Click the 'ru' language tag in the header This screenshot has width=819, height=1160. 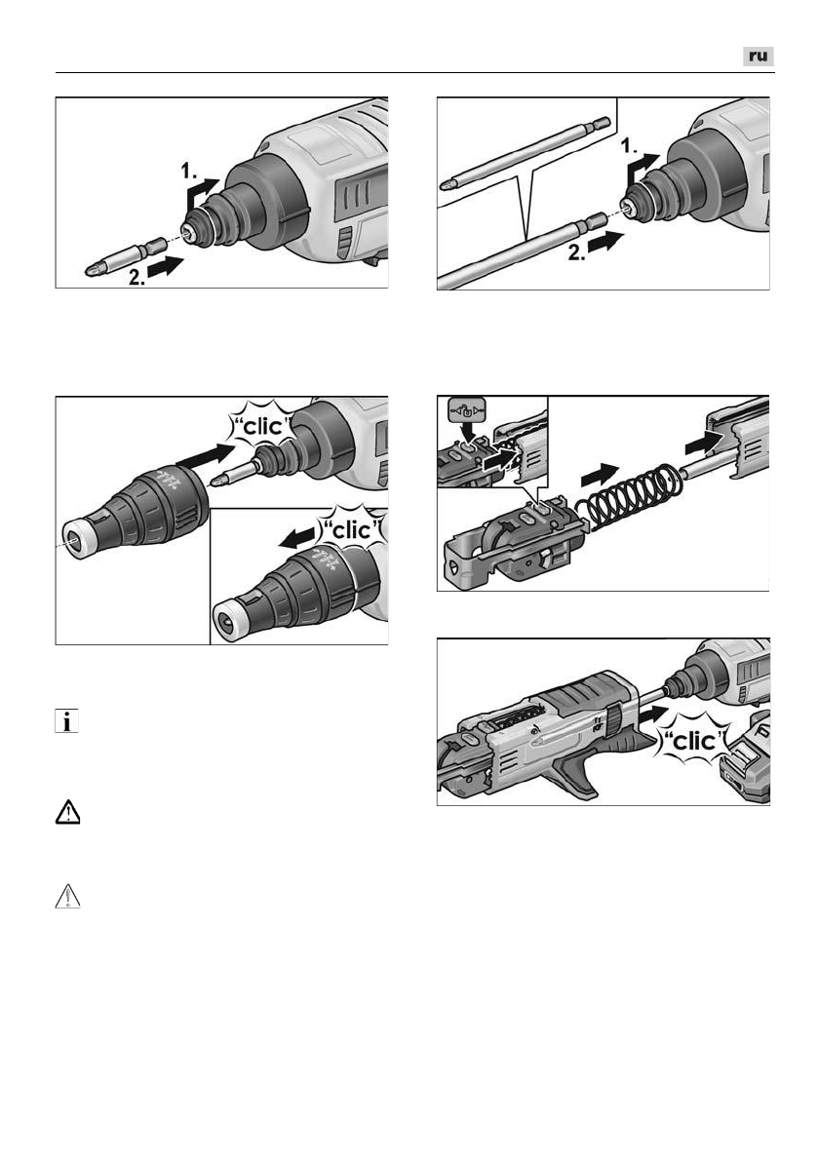[759, 57]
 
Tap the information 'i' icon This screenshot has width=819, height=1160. [66, 721]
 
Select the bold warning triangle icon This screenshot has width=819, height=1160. [67, 812]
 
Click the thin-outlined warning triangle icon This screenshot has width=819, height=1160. [67, 896]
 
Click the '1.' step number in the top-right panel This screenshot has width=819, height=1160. [629, 146]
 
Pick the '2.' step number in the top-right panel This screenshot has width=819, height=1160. [578, 253]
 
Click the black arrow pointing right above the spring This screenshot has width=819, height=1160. [600, 474]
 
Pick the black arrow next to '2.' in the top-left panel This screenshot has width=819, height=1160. [167, 266]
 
